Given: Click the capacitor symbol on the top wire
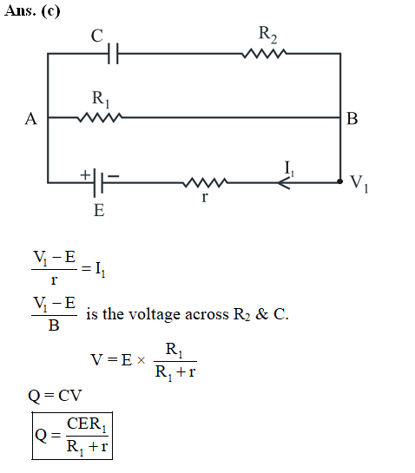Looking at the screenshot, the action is coord(113,54).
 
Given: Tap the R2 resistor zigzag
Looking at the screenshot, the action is coord(264,54).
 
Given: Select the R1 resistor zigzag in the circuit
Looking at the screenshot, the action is coord(100,117).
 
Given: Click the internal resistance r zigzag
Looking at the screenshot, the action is coord(205,182).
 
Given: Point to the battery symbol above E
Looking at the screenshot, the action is coord(98,182).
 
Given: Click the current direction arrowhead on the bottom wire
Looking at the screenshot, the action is coord(284,182).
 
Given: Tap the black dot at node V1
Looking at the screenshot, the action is coord(339,181).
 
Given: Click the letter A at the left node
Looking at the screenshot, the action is coord(30,119).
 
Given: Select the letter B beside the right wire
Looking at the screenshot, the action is coord(352,119).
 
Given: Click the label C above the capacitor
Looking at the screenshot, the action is coord(97,36).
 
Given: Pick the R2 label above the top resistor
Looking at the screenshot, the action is coord(267,35).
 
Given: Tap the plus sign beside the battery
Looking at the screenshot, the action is coord(85,174).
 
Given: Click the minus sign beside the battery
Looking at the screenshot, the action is coord(114,176).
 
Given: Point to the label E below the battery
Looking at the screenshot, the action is coord(99,210).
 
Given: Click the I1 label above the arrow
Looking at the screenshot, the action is coord(289,168).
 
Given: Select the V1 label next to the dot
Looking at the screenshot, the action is coord(359,183).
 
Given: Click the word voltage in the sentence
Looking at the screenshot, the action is coord(154,315).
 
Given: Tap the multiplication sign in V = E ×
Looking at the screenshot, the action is coord(141,360).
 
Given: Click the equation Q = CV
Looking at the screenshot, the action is coord(55,396).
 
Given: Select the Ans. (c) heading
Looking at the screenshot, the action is coord(32,11).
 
